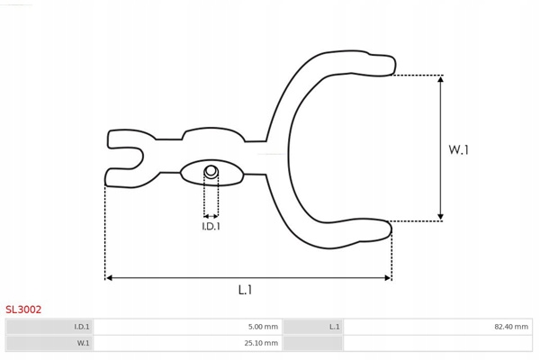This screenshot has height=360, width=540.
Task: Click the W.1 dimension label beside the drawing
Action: tap(458, 150)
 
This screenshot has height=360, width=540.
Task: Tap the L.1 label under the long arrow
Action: tap(245, 290)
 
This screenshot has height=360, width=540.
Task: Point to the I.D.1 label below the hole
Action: tap(211, 226)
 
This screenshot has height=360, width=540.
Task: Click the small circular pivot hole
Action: tap(211, 171)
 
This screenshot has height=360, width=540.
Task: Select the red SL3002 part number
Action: tap(23, 310)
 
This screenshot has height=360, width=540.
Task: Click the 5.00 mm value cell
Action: tap(188, 327)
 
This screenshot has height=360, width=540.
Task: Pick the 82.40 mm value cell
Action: tap(437, 327)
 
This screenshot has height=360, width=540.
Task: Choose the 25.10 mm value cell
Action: tap(188, 343)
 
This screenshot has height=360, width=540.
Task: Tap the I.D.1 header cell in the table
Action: tap(49, 327)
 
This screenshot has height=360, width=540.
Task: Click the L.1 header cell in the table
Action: tap(312, 327)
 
